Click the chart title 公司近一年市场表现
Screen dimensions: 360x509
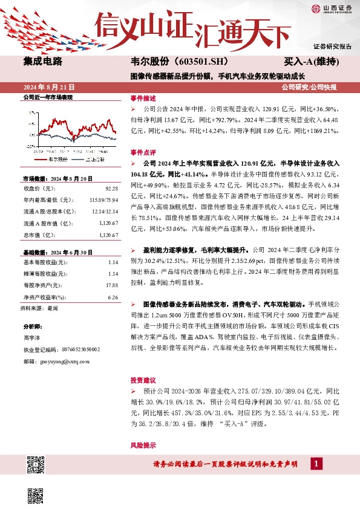[x=47, y=97]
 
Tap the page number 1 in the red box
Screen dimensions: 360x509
[x=316, y=464]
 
